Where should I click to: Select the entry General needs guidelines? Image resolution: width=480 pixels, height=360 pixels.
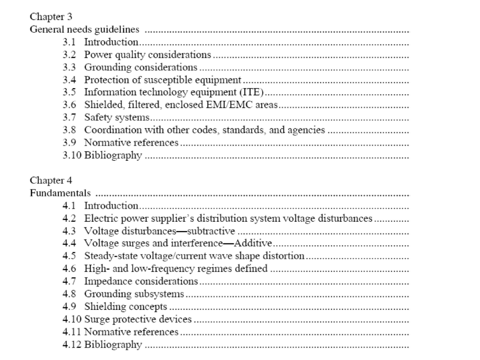point(84,30)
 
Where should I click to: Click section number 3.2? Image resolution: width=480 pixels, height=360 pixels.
point(69,55)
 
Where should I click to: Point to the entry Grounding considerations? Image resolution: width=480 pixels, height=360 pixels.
point(141,67)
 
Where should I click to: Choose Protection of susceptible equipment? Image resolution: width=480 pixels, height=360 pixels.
point(163,80)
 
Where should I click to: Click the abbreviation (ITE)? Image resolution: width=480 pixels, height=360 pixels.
point(253,93)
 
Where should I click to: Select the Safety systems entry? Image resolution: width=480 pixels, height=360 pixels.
point(117,118)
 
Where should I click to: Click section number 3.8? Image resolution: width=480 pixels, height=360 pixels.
point(69,130)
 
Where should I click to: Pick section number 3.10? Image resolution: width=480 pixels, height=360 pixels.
point(72,156)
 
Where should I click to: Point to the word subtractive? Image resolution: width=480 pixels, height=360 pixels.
point(211,231)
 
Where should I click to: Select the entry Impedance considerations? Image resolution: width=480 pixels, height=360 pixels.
point(141,281)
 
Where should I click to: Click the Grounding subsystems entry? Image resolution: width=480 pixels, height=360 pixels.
point(134,294)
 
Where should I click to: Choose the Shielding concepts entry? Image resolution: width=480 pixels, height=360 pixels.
point(126,307)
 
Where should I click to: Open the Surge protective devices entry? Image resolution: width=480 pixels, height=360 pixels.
point(138,319)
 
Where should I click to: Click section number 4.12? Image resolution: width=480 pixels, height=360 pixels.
point(72,345)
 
